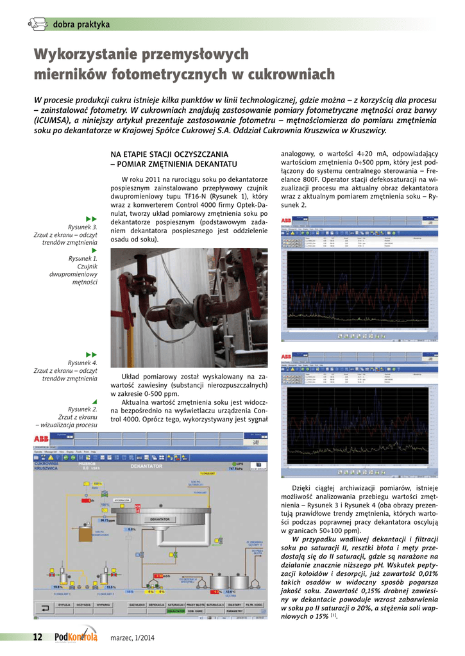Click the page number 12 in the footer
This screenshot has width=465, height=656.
pyautogui.click(x=37, y=637)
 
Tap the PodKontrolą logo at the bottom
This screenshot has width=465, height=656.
pyautogui.click(x=76, y=636)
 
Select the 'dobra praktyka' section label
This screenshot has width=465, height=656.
pyautogui.click(x=81, y=25)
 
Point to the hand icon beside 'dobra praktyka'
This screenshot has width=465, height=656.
pyautogui.click(x=38, y=25)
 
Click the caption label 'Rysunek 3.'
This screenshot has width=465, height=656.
pyautogui.click(x=83, y=227)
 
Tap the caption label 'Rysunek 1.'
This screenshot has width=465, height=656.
pyautogui.click(x=83, y=258)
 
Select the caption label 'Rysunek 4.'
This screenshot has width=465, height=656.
pyautogui.click(x=83, y=363)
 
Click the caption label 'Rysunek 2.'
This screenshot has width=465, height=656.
pyautogui.click(x=83, y=409)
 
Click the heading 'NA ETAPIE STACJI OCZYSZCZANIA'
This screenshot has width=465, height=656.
pyautogui.click(x=169, y=154)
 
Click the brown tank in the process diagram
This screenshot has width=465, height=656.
pyautogui.click(x=85, y=534)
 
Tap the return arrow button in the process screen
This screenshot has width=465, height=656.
pyautogui.click(x=46, y=605)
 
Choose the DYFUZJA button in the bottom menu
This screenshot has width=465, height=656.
pyautogui.click(x=64, y=604)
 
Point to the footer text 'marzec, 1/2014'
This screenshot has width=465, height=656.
pyautogui.click(x=133, y=637)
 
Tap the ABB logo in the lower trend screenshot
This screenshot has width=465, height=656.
pyautogui.click(x=286, y=356)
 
